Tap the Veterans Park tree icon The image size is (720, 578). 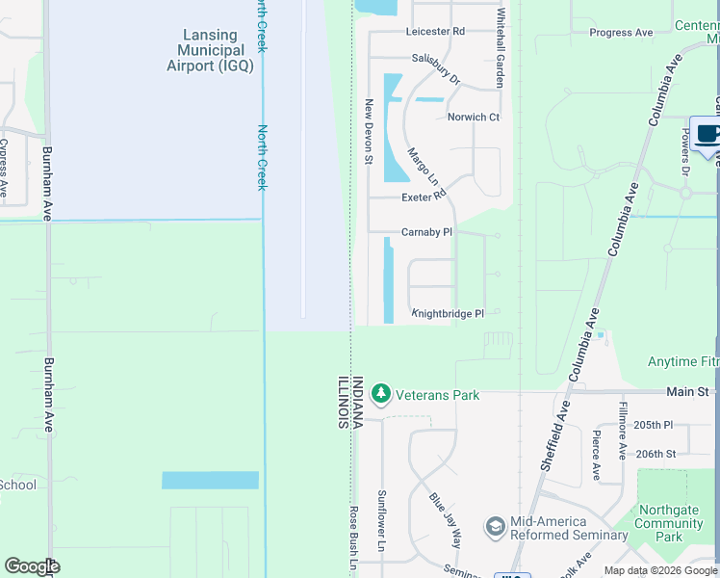pyautogui.click(x=382, y=394)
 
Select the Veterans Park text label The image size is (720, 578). pyautogui.click(x=437, y=394)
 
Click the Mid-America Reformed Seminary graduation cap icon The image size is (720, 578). pyautogui.click(x=495, y=527)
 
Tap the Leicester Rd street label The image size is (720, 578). pyautogui.click(x=435, y=31)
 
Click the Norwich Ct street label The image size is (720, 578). pyautogui.click(x=474, y=118)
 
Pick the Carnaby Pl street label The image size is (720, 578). pyautogui.click(x=426, y=232)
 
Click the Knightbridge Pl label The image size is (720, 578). pyautogui.click(x=448, y=313)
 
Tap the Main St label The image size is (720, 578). pyautogui.click(x=689, y=391)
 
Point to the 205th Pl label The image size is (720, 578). pyautogui.click(x=656, y=425)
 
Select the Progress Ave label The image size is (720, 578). pyautogui.click(x=621, y=32)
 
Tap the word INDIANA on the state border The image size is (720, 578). pyautogui.click(x=357, y=403)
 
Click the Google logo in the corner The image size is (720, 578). pyautogui.click(x=32, y=565)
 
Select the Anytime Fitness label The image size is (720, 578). pyautogui.click(x=683, y=361)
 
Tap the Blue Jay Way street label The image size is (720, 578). pyautogui.click(x=445, y=522)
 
